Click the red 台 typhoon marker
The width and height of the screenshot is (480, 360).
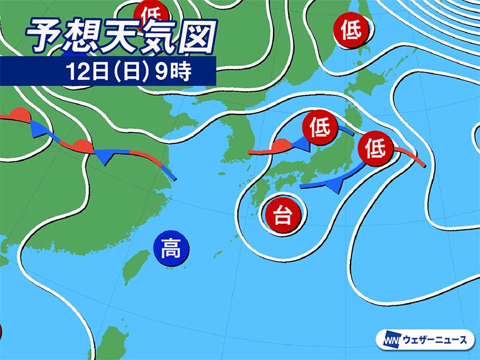(282, 215)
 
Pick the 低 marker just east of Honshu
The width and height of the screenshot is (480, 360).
(375, 148)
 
